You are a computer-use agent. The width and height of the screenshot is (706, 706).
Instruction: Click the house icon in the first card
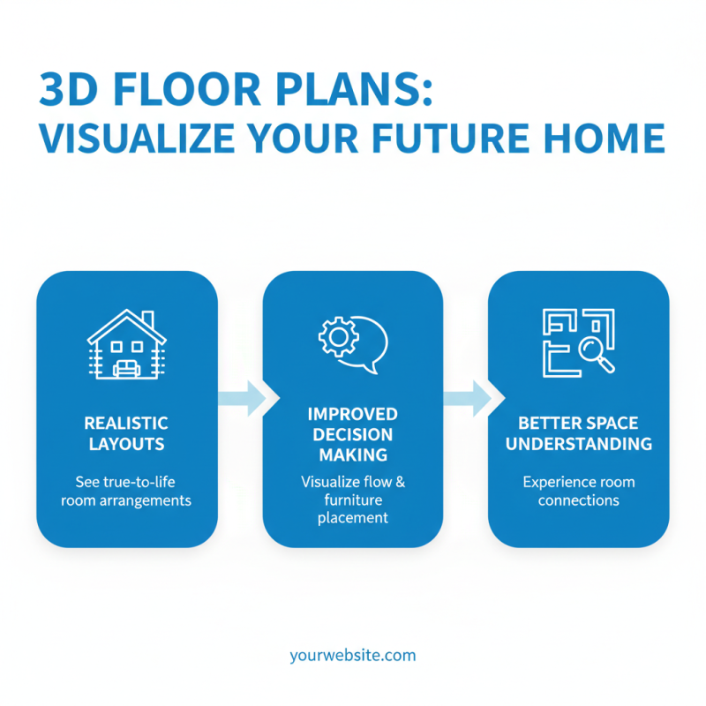pos(126,346)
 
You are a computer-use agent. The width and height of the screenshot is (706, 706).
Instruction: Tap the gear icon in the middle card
pos(334,336)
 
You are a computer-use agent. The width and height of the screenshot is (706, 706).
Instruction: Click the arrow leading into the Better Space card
pos(467,398)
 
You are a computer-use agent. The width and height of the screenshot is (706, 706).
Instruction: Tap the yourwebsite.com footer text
pos(352,656)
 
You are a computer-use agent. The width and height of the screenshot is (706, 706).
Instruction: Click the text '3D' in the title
pos(65,91)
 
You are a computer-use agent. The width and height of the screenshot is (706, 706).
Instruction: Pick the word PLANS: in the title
pos(363,91)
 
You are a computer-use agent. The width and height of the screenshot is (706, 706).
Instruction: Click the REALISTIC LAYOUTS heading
pos(127,433)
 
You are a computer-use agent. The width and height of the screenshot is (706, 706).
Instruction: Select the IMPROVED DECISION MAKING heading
pos(353,434)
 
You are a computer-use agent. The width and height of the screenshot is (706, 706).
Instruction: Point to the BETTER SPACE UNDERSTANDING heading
pos(579,433)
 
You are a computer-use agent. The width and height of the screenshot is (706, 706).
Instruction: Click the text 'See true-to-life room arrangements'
pos(127,492)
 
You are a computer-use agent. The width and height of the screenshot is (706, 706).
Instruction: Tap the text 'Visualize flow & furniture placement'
pos(353,499)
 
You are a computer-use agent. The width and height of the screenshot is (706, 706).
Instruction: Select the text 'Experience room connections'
pos(579,492)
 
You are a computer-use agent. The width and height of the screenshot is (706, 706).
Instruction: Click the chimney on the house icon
pos(147,318)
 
